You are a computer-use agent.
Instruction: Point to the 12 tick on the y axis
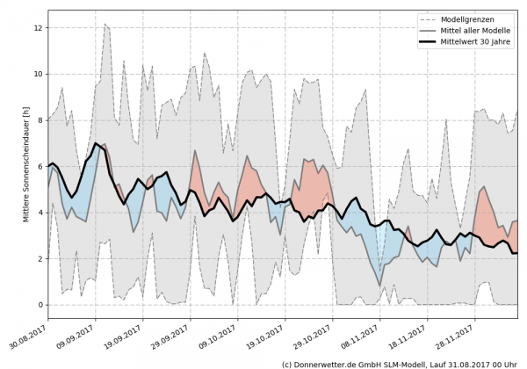[37, 28]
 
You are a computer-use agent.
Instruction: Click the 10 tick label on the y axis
[37, 75]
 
